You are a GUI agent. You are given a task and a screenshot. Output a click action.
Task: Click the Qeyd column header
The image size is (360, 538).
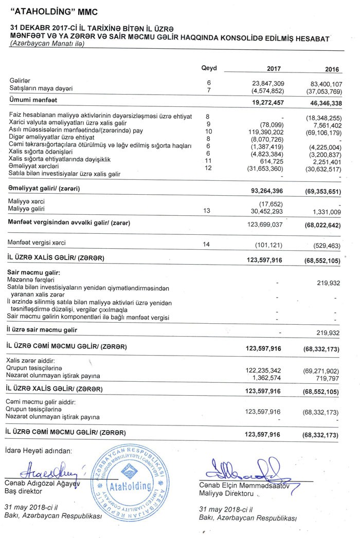(x=209, y=68)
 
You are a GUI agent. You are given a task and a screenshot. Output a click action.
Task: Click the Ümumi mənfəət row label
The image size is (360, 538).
(x=33, y=99)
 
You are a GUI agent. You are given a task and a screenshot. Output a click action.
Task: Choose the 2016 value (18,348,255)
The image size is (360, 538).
(x=322, y=117)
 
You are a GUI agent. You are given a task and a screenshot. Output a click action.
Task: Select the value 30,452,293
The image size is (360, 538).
(x=266, y=210)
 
